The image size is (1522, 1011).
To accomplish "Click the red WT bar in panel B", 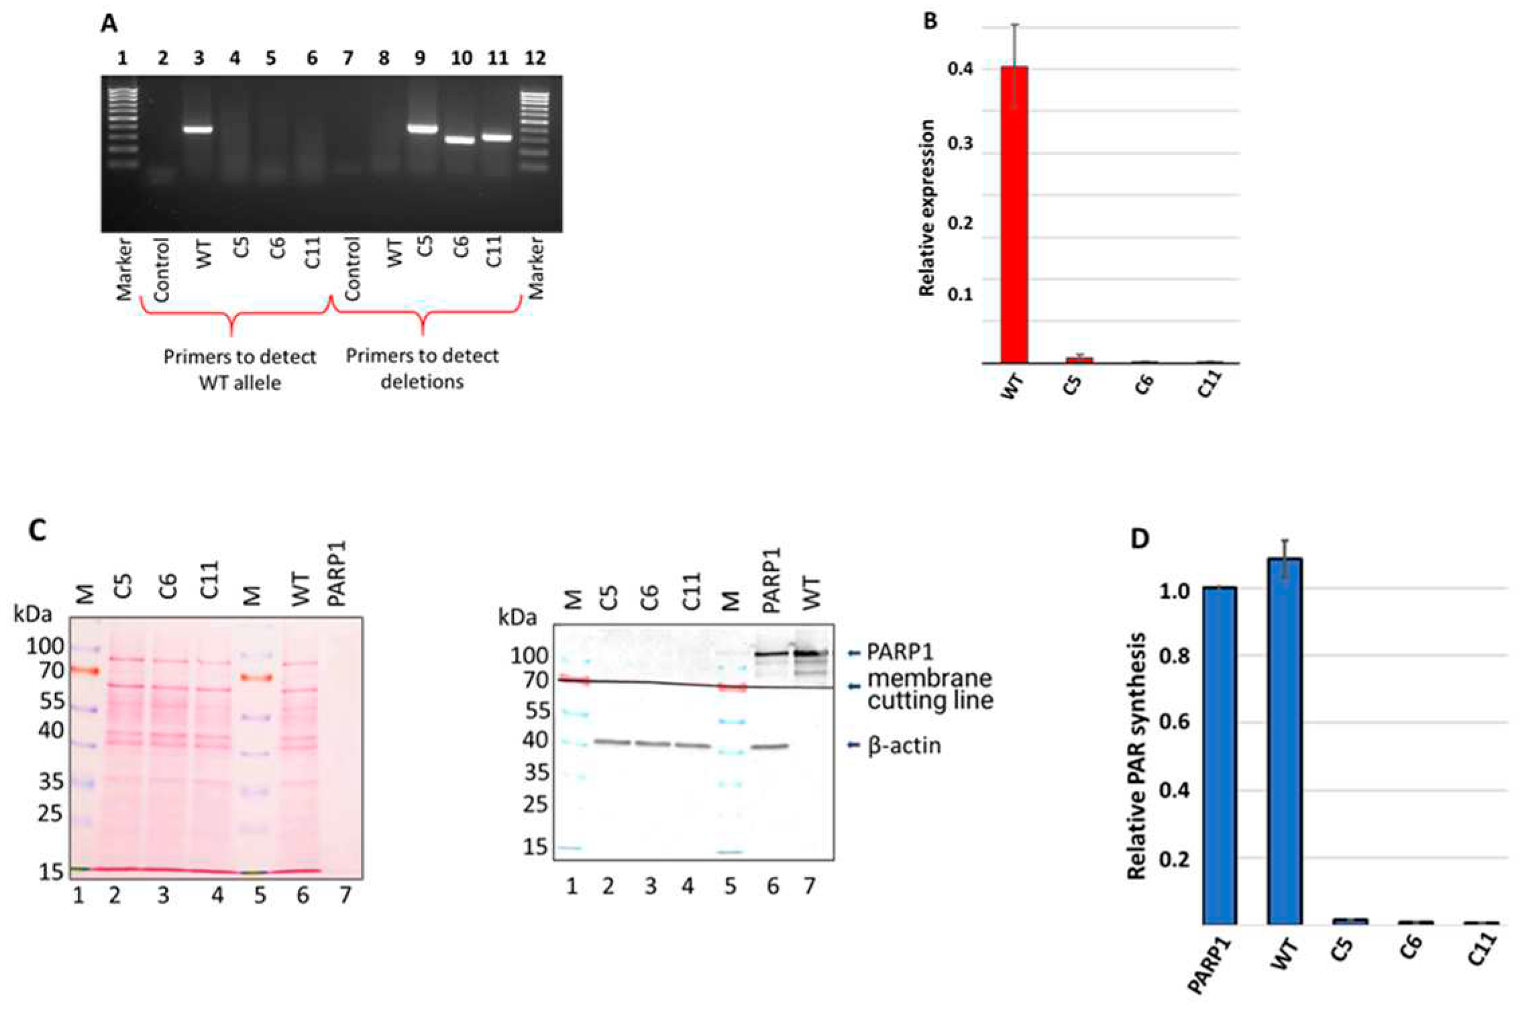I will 1014,215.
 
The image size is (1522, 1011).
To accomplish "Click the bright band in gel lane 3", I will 199,129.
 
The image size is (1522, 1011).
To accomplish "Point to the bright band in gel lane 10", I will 460,140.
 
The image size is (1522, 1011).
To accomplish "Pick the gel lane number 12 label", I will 535,58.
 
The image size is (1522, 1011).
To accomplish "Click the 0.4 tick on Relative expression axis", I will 960,68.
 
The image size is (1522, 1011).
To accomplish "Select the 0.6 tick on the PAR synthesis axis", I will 1175,722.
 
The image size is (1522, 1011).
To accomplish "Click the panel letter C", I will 37,531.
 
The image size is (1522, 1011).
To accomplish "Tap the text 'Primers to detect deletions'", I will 422,368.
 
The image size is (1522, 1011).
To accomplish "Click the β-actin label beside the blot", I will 904,745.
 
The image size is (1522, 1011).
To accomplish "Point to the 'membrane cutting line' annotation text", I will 930,689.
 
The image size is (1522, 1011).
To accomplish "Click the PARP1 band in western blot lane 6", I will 772,653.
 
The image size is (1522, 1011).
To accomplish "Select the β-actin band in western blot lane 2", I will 612,742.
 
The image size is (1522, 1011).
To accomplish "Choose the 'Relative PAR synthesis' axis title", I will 1136,755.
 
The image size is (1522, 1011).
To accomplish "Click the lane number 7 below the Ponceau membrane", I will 345,894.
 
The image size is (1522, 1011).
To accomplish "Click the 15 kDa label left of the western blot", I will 535,847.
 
